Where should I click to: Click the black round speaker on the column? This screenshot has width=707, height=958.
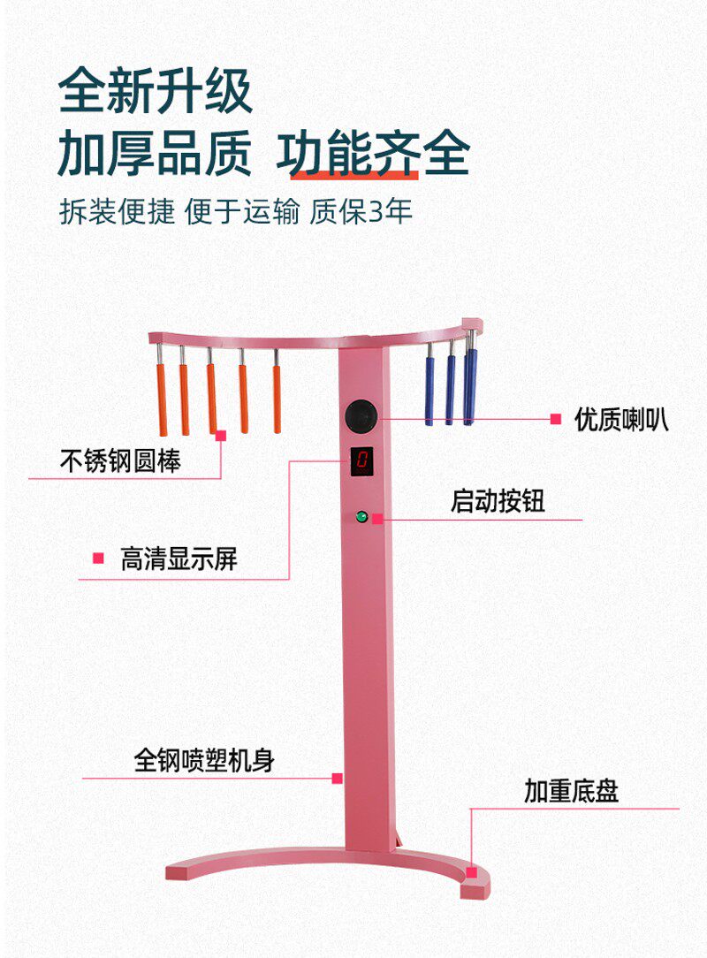click(361, 416)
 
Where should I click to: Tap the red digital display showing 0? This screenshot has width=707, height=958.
click(362, 460)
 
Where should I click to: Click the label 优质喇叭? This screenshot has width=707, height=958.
click(621, 419)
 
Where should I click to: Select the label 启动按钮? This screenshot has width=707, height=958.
click(498, 501)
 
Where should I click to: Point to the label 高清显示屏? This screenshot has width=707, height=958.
click(179, 559)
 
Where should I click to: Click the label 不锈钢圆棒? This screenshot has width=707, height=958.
click(120, 461)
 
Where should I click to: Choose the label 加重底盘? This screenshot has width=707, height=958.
click(571, 791)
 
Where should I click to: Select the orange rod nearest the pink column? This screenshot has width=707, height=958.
click(277, 398)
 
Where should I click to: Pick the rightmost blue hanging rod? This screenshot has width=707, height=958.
click(470, 385)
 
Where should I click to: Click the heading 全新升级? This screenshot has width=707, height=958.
click(156, 91)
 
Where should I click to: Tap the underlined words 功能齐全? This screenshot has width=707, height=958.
click(372, 154)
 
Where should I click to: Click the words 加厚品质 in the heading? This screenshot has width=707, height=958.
click(156, 154)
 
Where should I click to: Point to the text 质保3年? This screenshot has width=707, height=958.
click(361, 213)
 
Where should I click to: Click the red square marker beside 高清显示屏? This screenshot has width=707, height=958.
click(98, 559)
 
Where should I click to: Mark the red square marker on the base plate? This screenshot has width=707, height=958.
click(472, 872)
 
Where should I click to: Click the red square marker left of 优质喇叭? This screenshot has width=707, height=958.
click(555, 419)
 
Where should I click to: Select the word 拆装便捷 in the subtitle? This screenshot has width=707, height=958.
click(117, 213)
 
